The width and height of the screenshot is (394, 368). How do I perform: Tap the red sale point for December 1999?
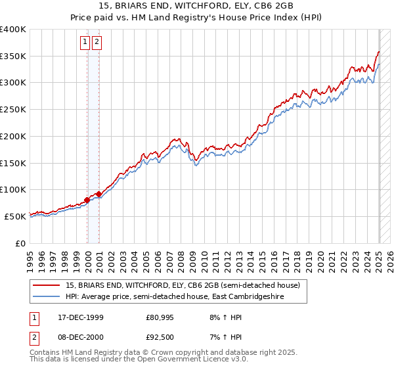[87, 200]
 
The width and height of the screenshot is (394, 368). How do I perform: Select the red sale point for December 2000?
[98, 194]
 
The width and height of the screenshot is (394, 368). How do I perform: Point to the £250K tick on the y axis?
[13, 110]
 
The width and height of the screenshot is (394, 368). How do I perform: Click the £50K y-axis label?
[15, 216]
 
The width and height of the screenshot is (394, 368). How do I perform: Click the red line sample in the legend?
[47, 285]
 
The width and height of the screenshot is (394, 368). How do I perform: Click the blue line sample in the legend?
[47, 297]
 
